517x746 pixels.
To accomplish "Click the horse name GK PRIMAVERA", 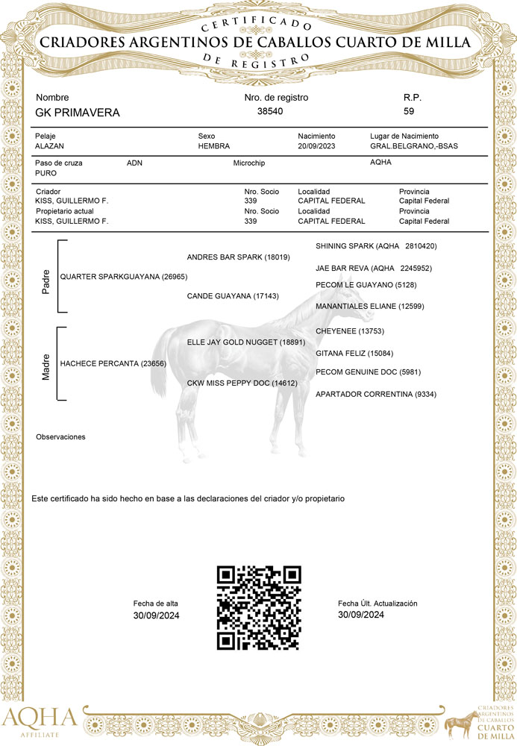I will click(78, 113).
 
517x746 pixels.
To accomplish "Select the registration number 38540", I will click(270, 111).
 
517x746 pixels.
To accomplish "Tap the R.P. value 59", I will click(409, 111).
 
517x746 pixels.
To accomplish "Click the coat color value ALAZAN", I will click(50, 146).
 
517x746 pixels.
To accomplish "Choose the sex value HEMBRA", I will click(214, 146).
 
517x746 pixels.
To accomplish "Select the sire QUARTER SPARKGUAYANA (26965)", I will click(123, 277).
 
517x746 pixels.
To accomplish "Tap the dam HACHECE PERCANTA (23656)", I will click(113, 363).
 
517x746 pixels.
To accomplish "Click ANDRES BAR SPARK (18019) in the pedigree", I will click(238, 257).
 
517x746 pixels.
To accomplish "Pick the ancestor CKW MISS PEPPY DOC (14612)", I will click(242, 383).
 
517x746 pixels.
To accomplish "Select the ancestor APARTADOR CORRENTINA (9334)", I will click(376, 394).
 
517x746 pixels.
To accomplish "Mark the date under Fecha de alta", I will click(157, 615).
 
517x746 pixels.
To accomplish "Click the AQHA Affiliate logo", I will click(39, 721).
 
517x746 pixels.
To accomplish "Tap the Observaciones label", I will click(60, 436).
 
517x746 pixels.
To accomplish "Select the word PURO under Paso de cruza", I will click(46, 172).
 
